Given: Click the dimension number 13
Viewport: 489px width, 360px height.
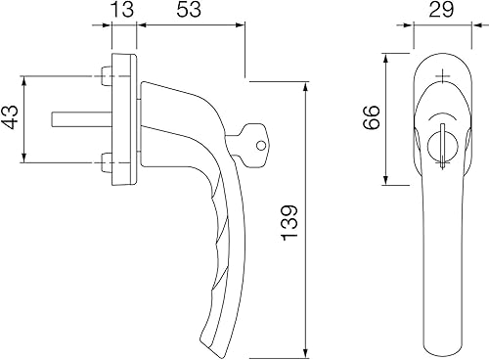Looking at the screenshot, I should (x=123, y=14).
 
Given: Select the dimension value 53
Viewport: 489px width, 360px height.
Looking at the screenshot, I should (x=191, y=14).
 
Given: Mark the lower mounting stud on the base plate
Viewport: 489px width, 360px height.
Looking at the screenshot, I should (x=103, y=159).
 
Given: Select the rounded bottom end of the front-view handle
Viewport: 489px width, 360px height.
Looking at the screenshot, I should (x=441, y=346).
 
